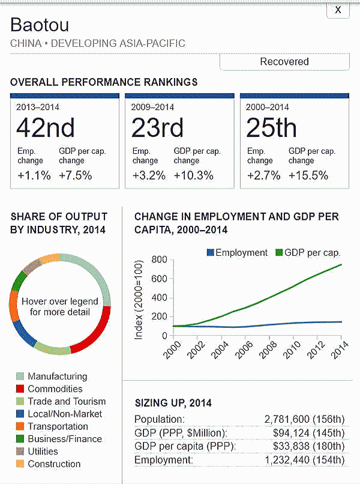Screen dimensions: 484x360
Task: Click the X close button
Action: coord(338,10)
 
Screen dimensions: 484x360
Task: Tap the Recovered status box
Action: coord(284,61)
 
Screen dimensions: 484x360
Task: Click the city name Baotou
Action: coord(40,25)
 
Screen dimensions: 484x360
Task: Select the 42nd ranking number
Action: coord(45,127)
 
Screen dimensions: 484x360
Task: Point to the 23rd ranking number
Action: coord(157,127)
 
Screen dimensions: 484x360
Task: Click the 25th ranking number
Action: coord(271,127)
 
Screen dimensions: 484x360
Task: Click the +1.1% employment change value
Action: coord(33,175)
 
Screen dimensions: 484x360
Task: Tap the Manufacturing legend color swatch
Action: coord(19,377)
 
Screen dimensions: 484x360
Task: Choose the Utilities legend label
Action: coord(43,451)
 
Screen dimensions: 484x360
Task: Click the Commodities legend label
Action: coord(55,389)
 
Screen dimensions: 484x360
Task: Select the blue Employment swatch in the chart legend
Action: coord(209,253)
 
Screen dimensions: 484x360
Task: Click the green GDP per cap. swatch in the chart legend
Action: coord(279,253)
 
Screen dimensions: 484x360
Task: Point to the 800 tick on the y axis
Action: coord(158,259)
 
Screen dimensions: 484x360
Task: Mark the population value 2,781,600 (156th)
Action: coord(304,419)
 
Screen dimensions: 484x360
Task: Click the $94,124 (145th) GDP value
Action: coord(308,432)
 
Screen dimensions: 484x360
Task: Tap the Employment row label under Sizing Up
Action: coord(163,460)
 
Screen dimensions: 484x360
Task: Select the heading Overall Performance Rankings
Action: coord(104,82)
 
